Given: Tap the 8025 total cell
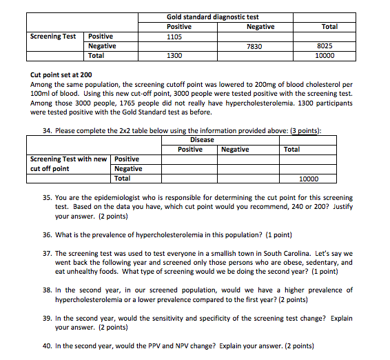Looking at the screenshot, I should click(329, 46).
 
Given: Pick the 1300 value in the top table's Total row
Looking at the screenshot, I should click(175, 55).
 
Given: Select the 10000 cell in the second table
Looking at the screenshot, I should click(309, 179).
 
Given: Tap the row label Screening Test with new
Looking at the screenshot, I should click(68, 159).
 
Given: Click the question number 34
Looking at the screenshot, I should click(47, 130).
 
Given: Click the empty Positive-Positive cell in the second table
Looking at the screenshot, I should click(190, 159).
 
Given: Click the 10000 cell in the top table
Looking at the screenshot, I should click(329, 55).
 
